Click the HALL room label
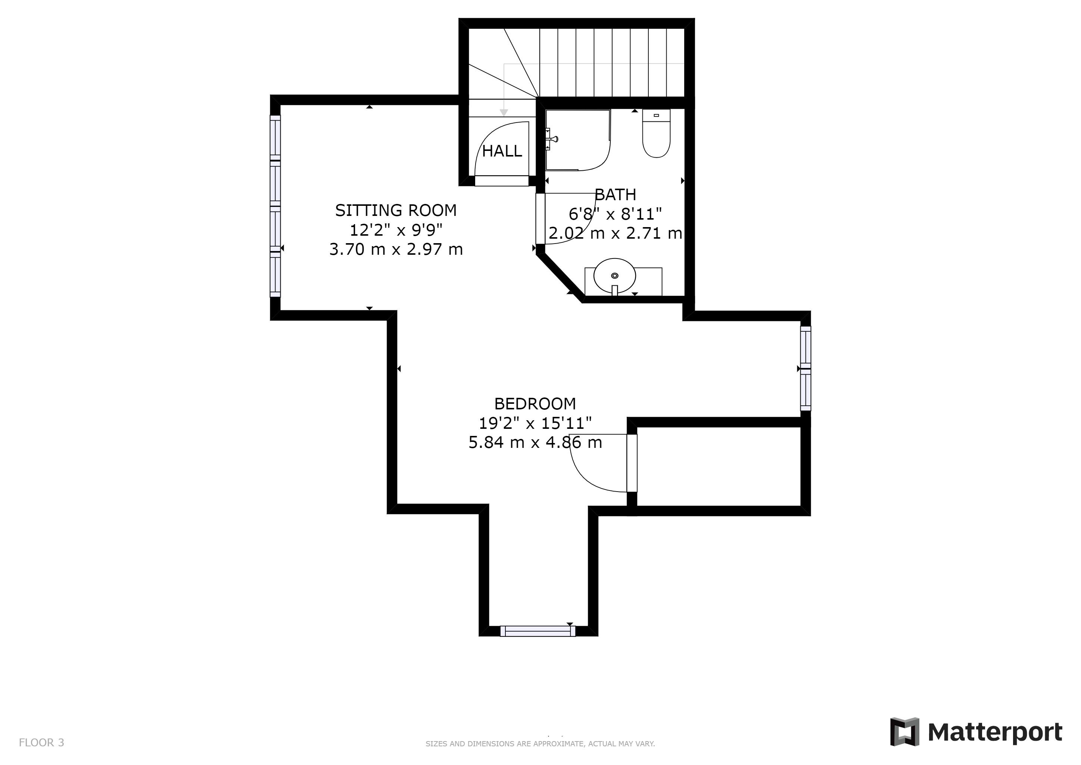tap(502, 151)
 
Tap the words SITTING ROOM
tap(396, 210)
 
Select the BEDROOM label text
tap(535, 404)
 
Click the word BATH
tap(616, 194)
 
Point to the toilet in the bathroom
tap(656, 133)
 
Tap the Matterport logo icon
tap(904, 731)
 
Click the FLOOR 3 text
tap(41, 742)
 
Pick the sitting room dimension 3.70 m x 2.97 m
tap(396, 249)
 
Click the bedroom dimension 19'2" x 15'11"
tap(535, 423)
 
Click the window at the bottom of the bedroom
tap(538, 631)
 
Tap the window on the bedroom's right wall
tap(806, 368)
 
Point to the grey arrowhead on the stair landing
tap(504, 113)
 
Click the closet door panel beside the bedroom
tap(632, 463)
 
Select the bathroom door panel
tap(540, 219)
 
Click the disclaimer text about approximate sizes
tap(540, 744)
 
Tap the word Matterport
tap(995, 733)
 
